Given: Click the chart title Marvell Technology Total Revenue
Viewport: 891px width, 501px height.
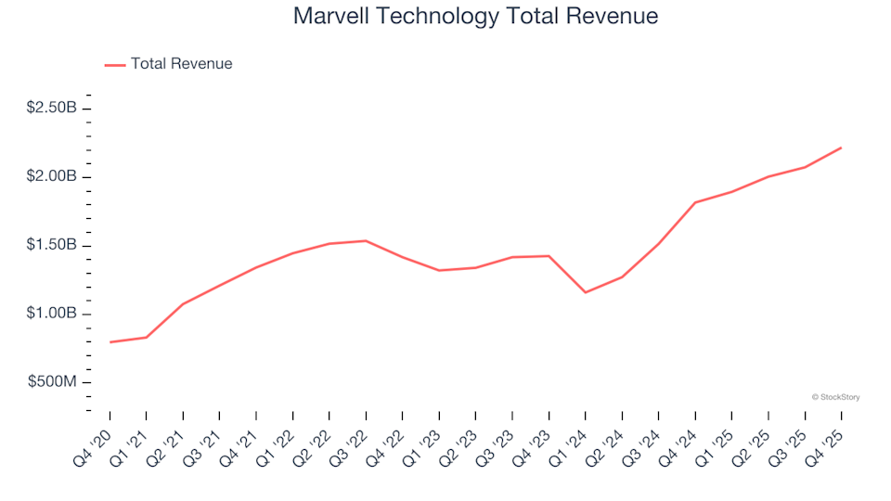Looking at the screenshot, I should point(475,16).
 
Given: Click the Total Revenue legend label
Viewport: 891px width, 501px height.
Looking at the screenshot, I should point(181,64).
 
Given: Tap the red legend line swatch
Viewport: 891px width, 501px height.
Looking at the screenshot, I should point(115,65).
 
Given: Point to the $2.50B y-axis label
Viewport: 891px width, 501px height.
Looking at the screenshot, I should point(51,108).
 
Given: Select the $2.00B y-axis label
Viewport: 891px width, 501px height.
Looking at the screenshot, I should point(51,176).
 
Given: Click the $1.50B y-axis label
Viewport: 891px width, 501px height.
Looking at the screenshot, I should point(51,245).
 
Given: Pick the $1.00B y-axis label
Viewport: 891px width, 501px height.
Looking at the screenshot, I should point(51,314).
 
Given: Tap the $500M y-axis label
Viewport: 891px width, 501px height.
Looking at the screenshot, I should point(53,382).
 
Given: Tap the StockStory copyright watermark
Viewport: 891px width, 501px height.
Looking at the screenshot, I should point(835,397).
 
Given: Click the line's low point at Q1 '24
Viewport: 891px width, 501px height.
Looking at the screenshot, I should point(585,292).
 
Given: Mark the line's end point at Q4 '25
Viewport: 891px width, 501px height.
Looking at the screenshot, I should point(841,148).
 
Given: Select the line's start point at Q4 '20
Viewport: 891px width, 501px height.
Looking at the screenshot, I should point(110,342).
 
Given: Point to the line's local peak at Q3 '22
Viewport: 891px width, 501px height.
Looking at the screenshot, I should point(366,241).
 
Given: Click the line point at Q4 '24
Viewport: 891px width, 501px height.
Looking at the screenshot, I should point(695,202).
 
